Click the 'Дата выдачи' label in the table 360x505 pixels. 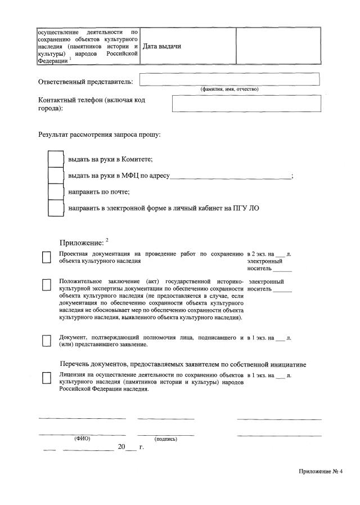click(x=162, y=46)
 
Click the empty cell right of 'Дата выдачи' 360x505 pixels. click(x=278, y=46)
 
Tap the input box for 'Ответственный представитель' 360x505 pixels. click(x=229, y=79)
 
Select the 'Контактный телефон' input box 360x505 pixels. click(x=246, y=104)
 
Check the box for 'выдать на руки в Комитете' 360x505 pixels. click(x=56, y=159)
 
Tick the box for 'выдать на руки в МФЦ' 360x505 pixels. click(x=56, y=176)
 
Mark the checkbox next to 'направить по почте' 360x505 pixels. click(x=56, y=192)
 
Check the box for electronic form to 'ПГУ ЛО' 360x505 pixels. click(x=56, y=208)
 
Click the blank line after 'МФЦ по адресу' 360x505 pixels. click(x=231, y=176)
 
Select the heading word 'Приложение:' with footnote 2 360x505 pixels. click(x=82, y=243)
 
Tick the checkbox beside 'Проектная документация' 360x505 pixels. click(x=47, y=258)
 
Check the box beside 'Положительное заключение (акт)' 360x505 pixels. click(x=47, y=285)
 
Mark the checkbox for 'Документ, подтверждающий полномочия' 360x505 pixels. click(x=47, y=341)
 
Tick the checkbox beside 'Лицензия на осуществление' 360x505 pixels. click(x=47, y=378)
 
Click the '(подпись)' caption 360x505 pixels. click(x=165, y=439)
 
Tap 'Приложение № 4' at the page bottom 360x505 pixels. click(x=321, y=471)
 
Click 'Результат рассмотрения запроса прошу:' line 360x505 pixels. click(x=100, y=135)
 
